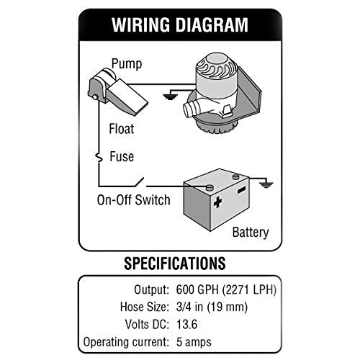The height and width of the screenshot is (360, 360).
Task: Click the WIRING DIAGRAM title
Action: [x=179, y=25]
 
